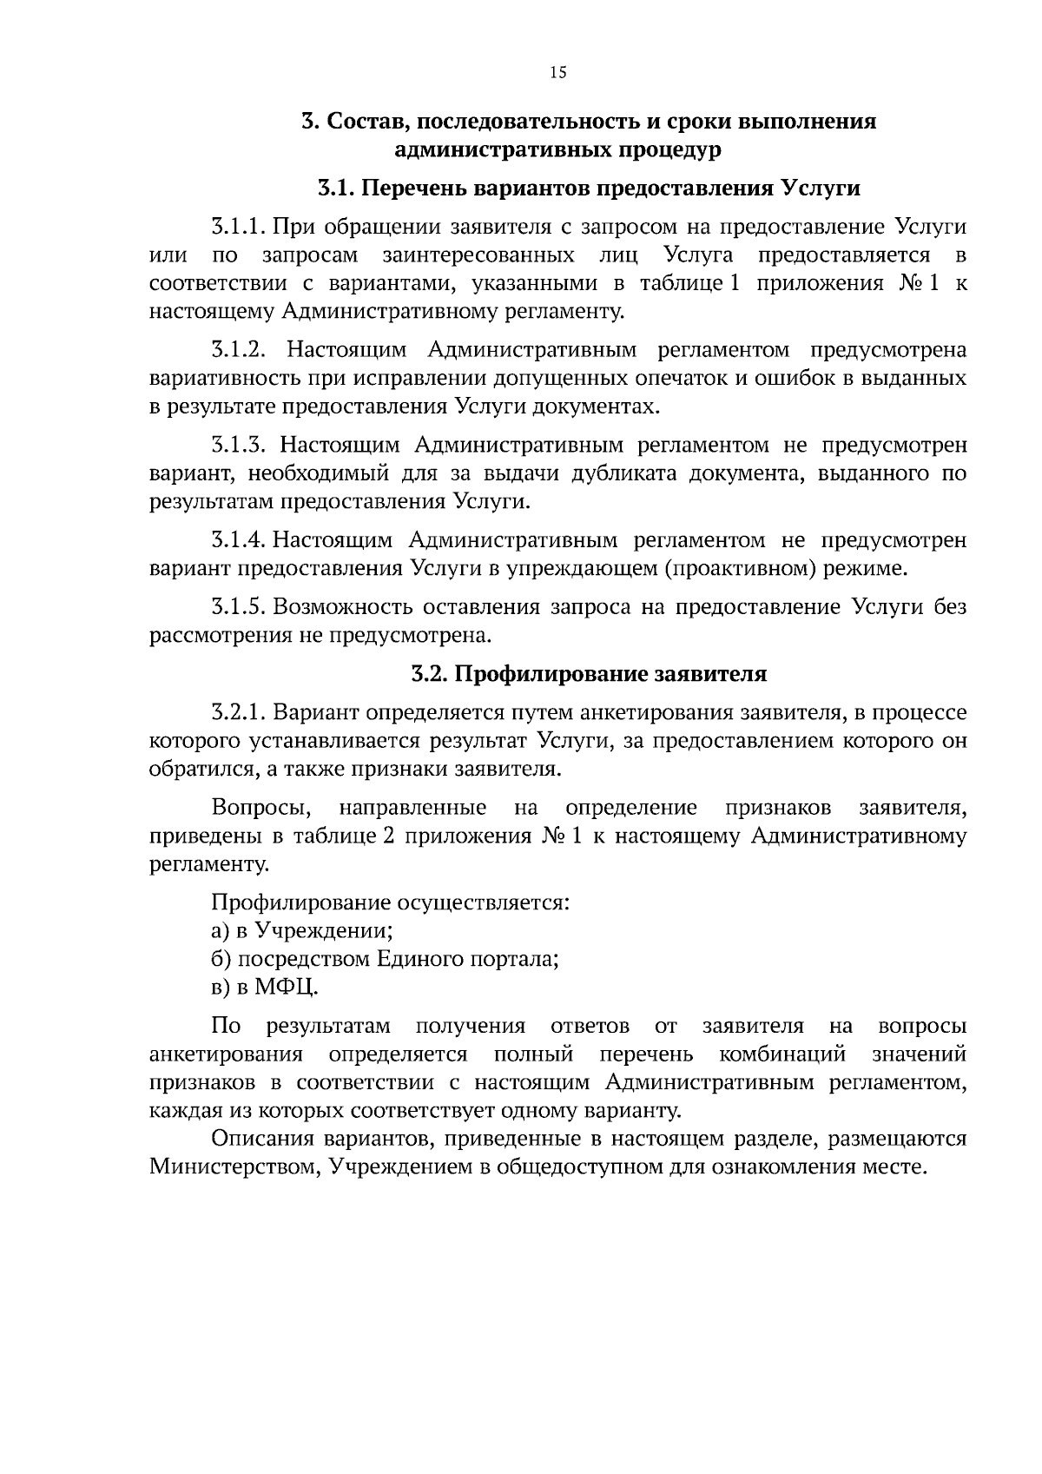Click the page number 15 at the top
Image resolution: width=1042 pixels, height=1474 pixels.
pos(557,73)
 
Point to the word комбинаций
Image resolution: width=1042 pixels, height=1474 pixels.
pos(782,1054)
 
